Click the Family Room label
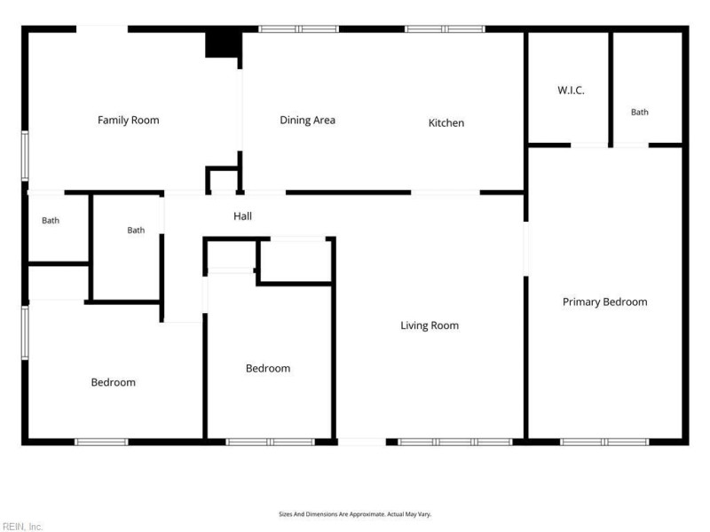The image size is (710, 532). [128, 120]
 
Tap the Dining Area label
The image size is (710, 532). [307, 121]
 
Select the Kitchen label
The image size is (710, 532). [446, 122]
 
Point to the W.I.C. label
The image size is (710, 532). [571, 90]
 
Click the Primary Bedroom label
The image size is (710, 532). [605, 302]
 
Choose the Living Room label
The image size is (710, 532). [430, 325]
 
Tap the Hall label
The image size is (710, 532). [242, 216]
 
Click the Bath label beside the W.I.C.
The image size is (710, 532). [639, 113]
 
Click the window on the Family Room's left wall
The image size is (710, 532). [25, 156]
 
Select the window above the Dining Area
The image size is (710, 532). [299, 29]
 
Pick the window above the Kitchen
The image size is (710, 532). [445, 29]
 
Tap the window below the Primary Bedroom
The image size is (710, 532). [604, 442]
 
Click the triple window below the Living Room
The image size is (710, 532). [455, 442]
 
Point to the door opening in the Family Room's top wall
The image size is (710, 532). [102, 29]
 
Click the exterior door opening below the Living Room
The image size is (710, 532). [362, 442]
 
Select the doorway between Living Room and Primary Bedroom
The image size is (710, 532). [525, 249]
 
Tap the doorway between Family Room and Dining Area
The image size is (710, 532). [240, 110]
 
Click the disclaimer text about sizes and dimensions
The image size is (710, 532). [355, 514]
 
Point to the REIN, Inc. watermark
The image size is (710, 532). [21, 527]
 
